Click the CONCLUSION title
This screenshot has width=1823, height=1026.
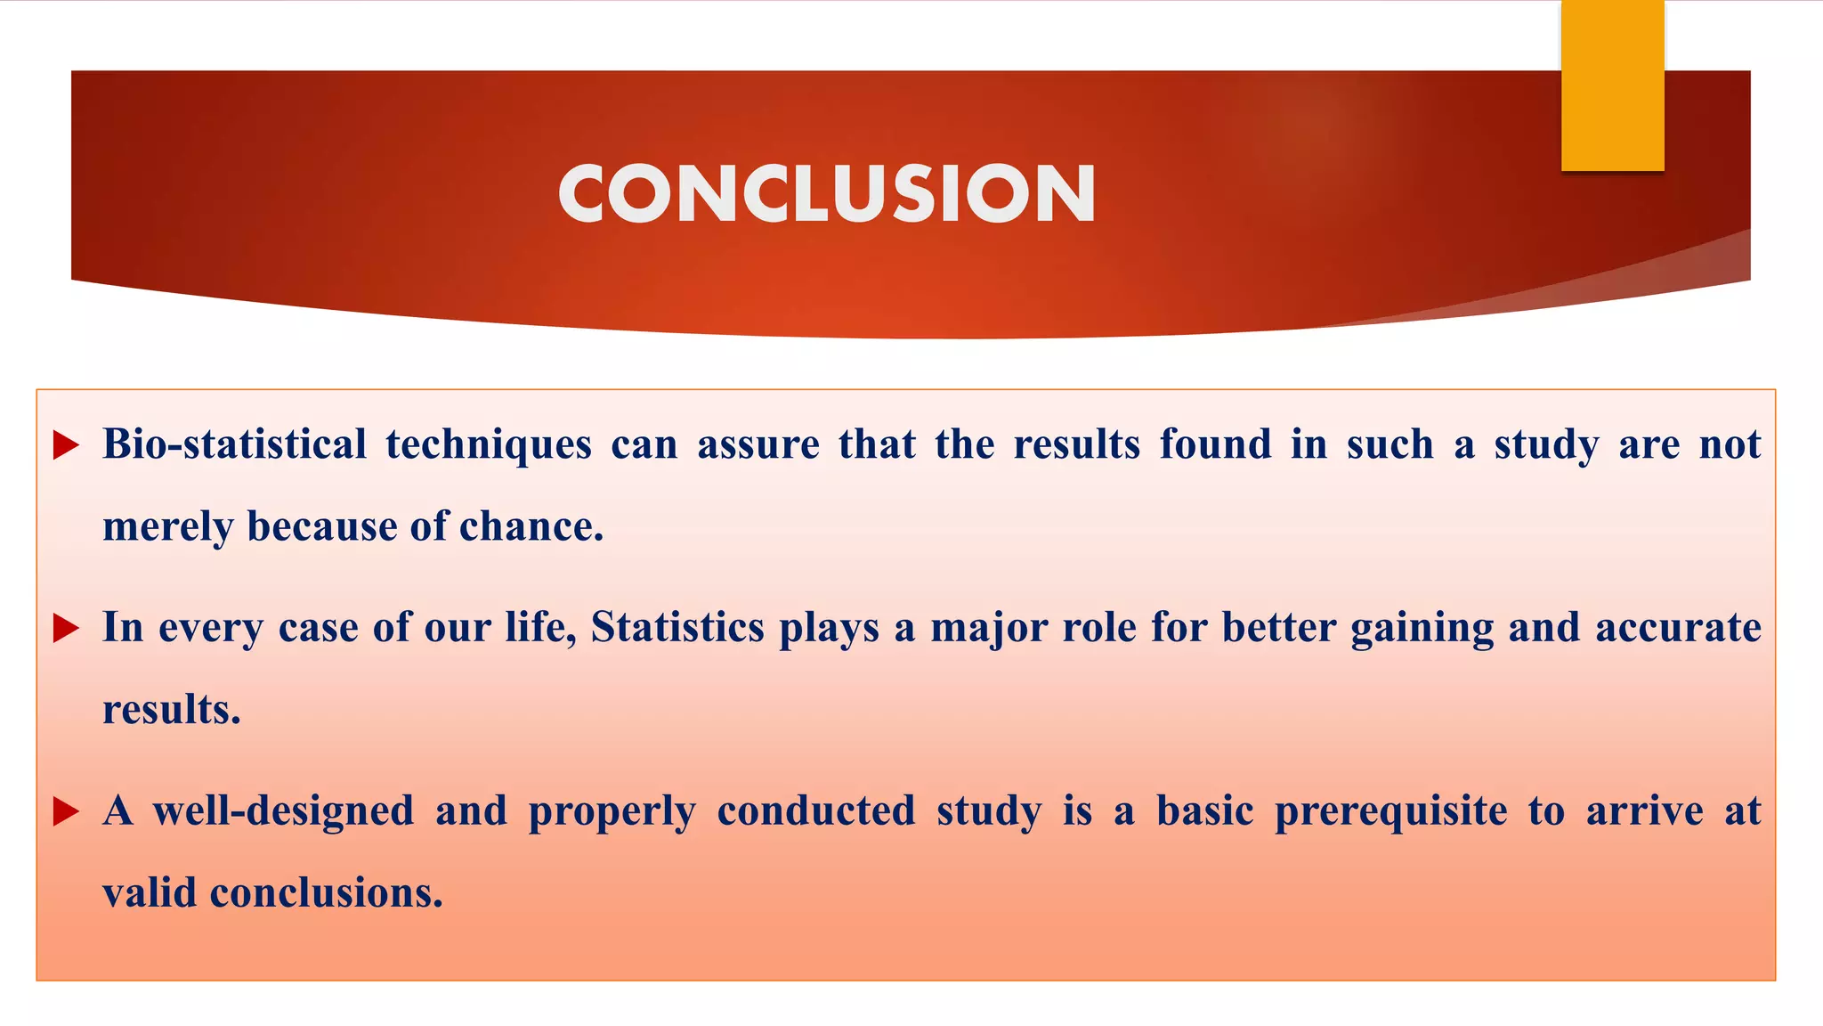click(826, 193)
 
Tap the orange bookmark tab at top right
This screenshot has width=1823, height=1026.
click(1612, 85)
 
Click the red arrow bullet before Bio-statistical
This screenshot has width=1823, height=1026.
click(66, 444)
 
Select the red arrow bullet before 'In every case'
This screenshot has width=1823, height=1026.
click(66, 628)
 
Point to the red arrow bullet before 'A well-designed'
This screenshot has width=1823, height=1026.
click(66, 811)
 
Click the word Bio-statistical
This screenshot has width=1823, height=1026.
click(234, 444)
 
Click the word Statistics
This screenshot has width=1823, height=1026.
click(677, 627)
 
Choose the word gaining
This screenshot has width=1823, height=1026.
click(1422, 629)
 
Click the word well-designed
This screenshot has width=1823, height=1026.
click(283, 811)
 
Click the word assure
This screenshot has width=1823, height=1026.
click(758, 444)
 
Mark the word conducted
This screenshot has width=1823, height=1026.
click(815, 810)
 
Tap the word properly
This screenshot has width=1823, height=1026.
click(612, 812)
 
